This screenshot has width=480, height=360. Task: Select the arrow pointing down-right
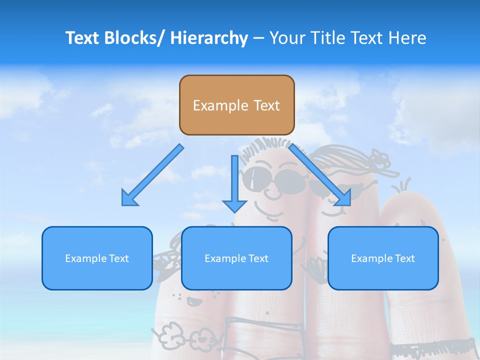point(320,175)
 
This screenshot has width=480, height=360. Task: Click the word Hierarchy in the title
point(209,38)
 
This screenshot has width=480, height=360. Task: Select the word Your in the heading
point(287,38)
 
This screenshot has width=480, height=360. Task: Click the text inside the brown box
point(236,105)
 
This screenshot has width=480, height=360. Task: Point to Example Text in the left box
point(97,258)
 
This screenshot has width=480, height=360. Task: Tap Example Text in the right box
point(383,258)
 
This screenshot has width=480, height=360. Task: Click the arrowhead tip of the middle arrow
point(234,211)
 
